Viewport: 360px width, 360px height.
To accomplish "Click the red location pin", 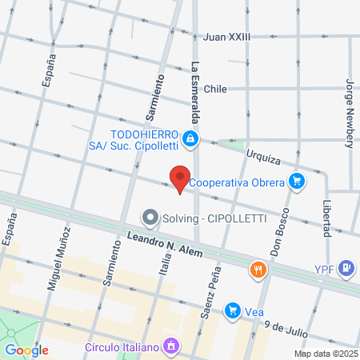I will tap(179, 178).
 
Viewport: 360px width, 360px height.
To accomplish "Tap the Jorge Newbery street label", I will tap(349, 113).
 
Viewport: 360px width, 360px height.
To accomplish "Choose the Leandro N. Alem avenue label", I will tap(164, 246).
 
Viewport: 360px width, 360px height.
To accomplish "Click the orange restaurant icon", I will tap(257, 270).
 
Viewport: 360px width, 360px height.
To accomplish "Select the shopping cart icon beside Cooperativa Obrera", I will tap(297, 182).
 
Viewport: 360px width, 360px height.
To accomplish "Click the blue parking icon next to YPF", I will tap(346, 267).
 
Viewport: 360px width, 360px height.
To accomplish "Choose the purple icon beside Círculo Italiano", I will tap(170, 347).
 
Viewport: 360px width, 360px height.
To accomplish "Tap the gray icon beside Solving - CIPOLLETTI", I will tap(149, 218).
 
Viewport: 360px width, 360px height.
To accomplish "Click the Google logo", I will tap(26, 350).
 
